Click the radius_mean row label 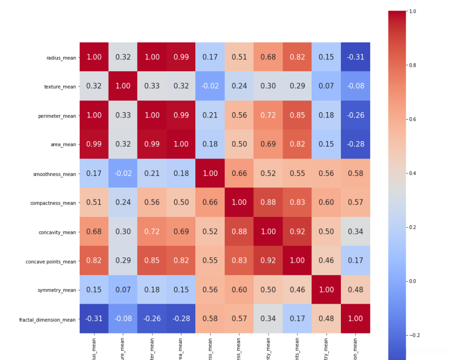coord(62,57)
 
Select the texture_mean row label coord(60,86)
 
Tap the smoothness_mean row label coord(55,174)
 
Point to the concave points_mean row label coord(51,261)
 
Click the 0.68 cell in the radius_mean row coord(268,57)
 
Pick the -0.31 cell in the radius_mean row coord(355,57)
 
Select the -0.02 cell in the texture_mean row coord(210,86)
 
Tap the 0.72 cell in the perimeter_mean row coord(268,115)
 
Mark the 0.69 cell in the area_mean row coord(268,144)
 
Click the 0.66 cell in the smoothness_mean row coord(239,173)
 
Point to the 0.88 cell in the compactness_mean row coord(268,202)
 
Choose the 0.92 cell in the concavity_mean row coord(298,231)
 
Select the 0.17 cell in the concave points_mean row coord(355,260)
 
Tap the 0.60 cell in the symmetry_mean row coord(239,290)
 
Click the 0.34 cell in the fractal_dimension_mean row coord(268,319)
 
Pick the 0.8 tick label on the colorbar coord(413,65)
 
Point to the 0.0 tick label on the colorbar coord(413,281)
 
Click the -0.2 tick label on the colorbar coord(414,335)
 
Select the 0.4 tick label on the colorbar coord(413,174)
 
